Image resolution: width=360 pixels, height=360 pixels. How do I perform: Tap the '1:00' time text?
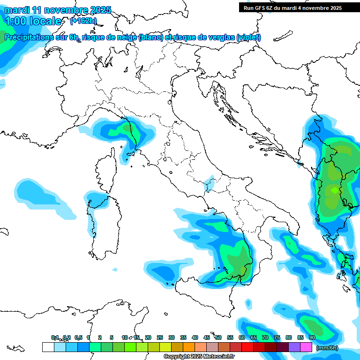click(16, 21)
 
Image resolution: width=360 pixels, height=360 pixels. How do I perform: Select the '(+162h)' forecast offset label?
click(83, 21)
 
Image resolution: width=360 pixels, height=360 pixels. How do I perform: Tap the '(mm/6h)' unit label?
click(327, 348)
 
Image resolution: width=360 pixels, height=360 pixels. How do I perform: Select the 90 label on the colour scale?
click(312, 337)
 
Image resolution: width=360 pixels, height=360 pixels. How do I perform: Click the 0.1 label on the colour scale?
click(55, 337)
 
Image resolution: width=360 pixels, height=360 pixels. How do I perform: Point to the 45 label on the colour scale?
click(207, 337)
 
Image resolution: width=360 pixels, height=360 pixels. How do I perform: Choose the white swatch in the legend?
click(48, 347)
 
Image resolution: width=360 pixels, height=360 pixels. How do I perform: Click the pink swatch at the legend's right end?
click(306, 347)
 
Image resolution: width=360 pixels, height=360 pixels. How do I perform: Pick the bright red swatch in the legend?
click(247, 347)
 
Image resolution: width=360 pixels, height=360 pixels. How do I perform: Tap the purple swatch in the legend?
click(294, 347)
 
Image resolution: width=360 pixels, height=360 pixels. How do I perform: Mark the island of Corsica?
click(105, 169)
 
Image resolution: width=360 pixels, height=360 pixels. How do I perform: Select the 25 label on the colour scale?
click(160, 337)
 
